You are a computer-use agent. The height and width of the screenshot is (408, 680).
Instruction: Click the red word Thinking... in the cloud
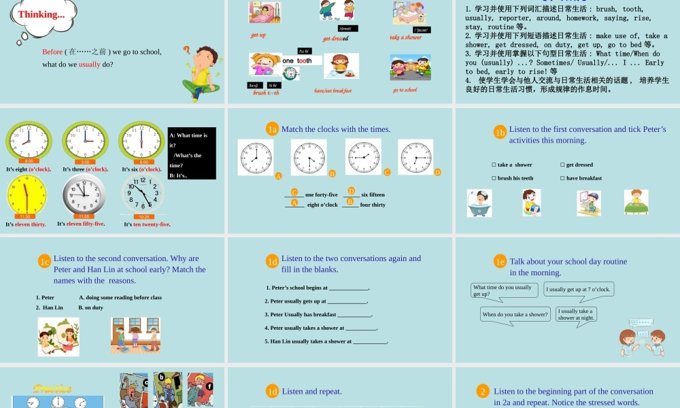click(x=41, y=14)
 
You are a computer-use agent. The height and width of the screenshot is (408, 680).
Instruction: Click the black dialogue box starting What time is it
click(x=191, y=153)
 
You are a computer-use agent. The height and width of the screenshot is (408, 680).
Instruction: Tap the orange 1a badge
click(x=272, y=129)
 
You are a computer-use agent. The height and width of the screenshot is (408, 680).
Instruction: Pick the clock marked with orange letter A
click(x=255, y=157)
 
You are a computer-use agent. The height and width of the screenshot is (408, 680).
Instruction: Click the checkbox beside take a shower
click(x=494, y=165)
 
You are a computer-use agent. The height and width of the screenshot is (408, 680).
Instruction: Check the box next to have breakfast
click(x=562, y=178)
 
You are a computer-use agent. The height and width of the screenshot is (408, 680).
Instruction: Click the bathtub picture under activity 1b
click(x=479, y=203)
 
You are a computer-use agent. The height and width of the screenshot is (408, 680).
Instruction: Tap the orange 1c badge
click(x=45, y=261)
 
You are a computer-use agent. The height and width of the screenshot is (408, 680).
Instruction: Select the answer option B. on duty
click(x=90, y=307)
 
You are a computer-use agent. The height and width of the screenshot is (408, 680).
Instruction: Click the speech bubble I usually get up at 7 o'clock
click(x=579, y=290)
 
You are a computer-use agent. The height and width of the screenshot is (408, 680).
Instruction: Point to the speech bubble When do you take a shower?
click(x=515, y=315)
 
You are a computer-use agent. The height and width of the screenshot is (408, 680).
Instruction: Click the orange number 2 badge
click(x=483, y=391)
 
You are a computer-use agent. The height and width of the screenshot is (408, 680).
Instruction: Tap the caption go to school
click(x=405, y=90)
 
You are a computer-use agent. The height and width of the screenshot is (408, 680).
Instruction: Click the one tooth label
click(x=297, y=61)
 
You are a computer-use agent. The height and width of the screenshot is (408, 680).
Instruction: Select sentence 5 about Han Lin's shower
click(x=326, y=341)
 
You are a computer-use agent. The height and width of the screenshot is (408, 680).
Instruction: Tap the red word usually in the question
click(x=89, y=65)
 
